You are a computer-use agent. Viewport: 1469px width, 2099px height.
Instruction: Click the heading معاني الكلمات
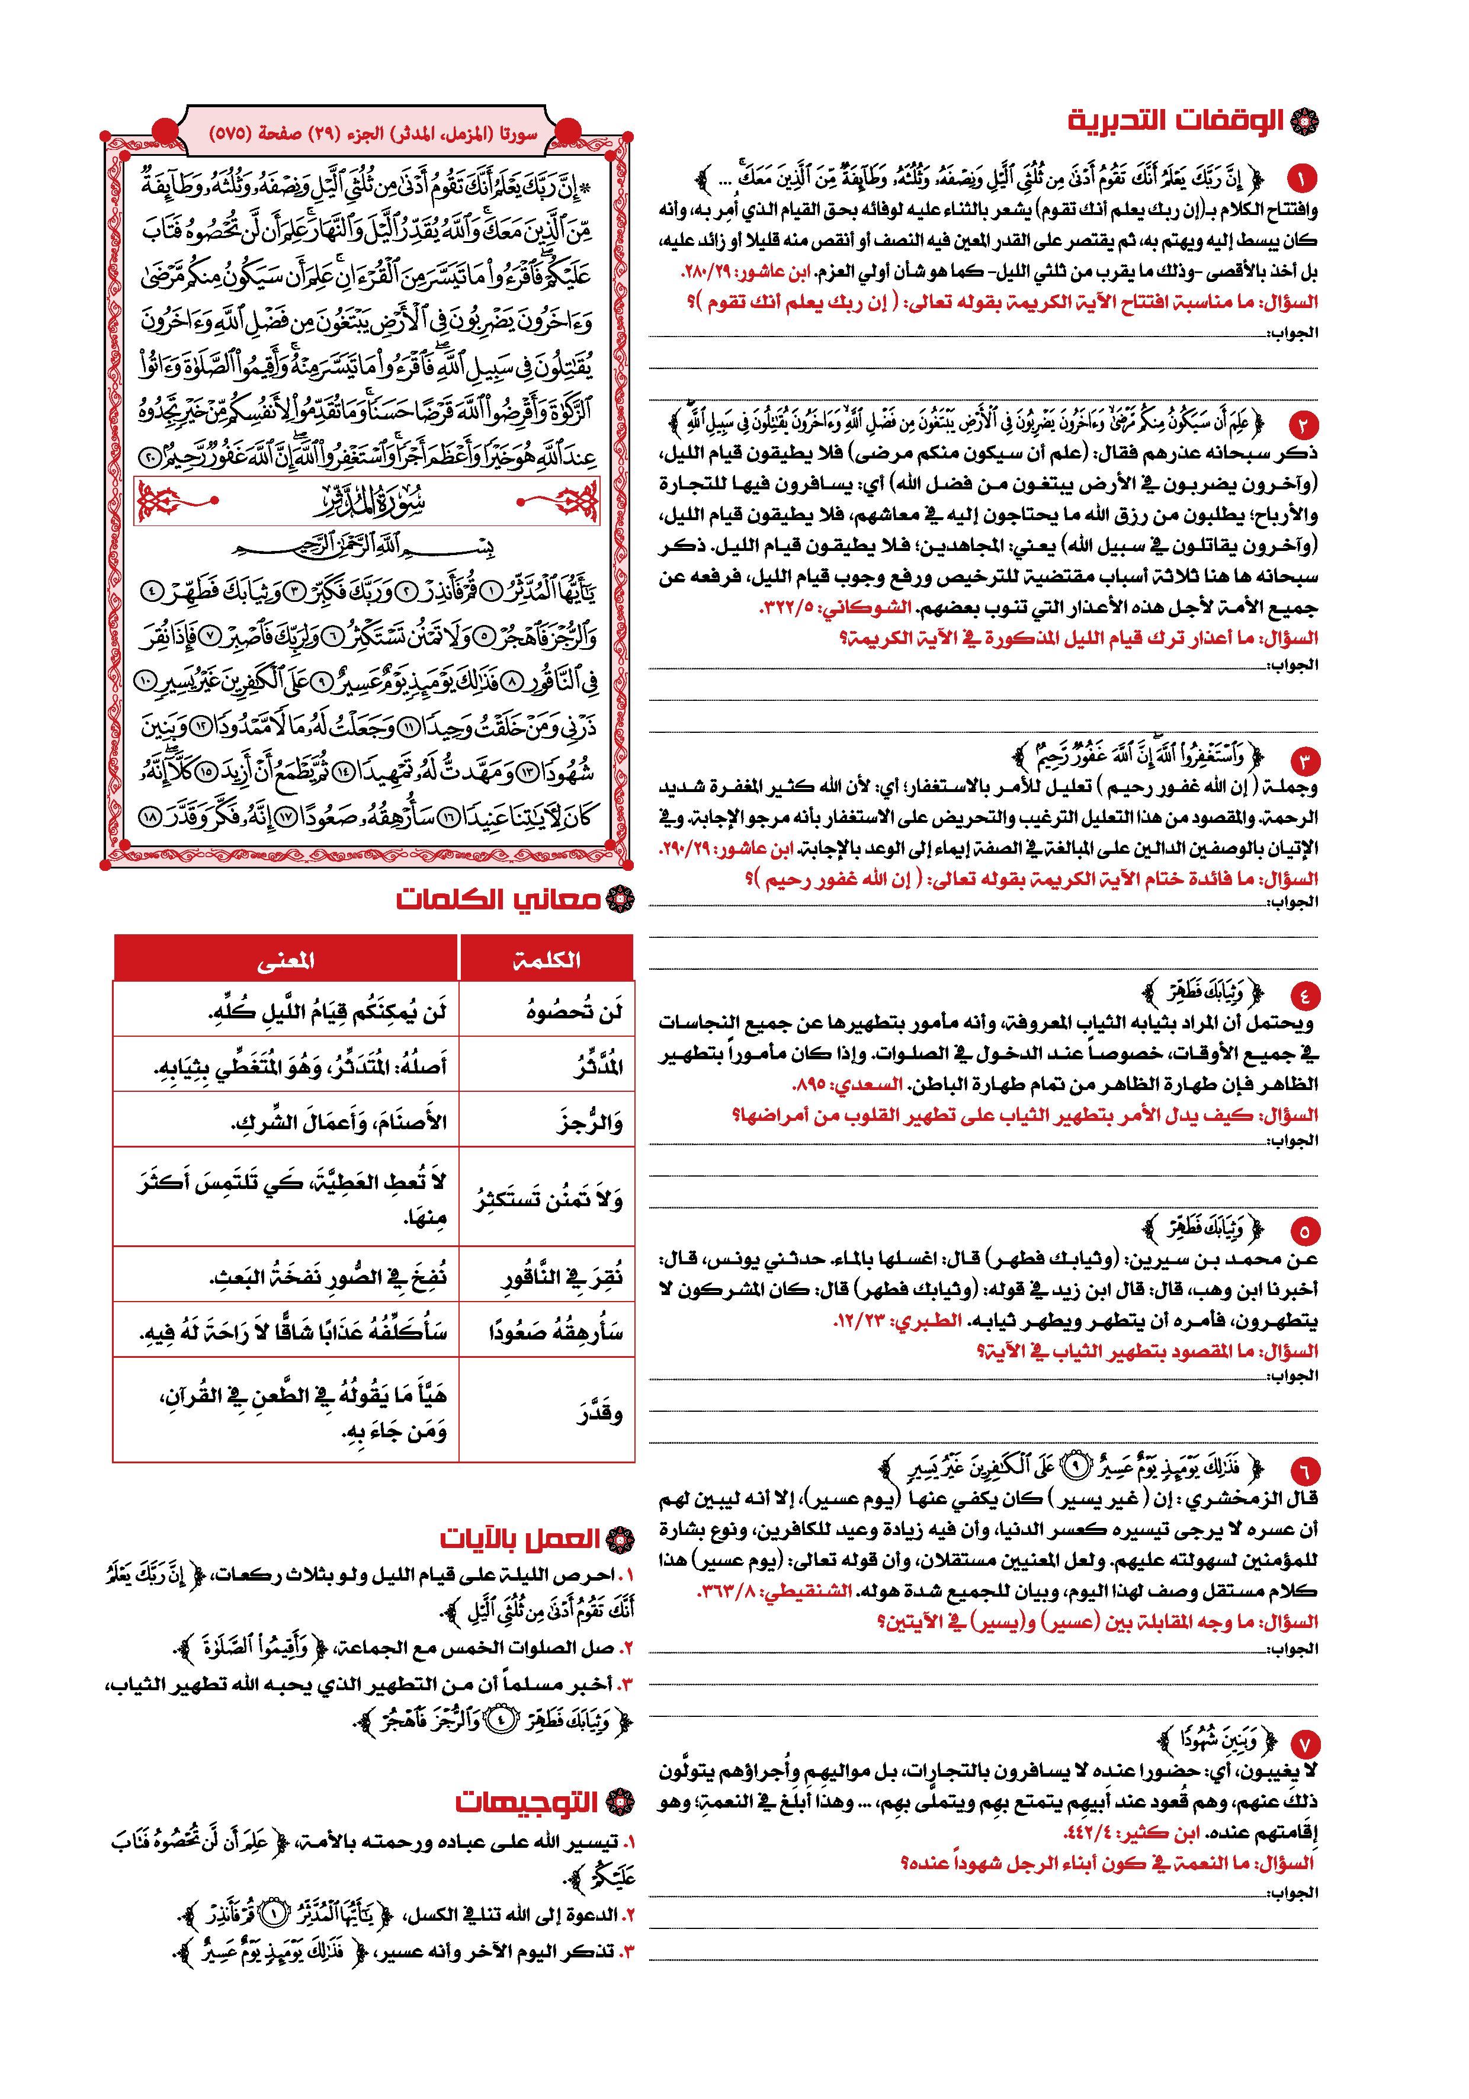click(x=498, y=899)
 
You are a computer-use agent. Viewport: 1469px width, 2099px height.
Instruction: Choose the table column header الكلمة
click(x=546, y=959)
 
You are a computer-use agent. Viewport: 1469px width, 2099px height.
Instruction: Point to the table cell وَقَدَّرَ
click(x=599, y=1414)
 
